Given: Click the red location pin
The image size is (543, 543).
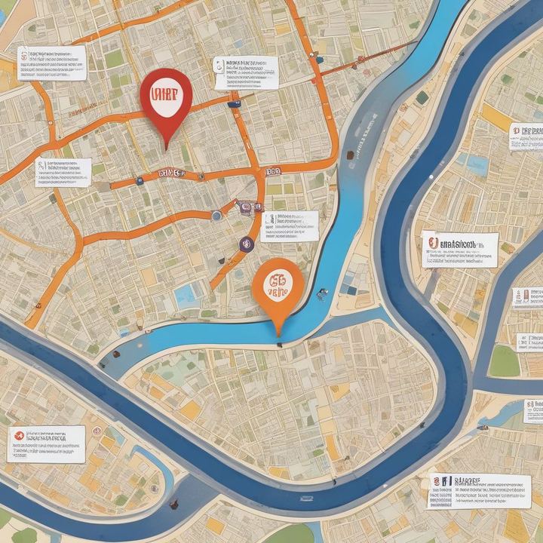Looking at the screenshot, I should click(x=166, y=98).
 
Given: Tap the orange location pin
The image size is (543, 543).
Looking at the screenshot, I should click(x=278, y=287).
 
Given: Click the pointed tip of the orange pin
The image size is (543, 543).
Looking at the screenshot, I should click(x=278, y=334).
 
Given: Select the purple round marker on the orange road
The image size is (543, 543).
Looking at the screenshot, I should click(x=246, y=243).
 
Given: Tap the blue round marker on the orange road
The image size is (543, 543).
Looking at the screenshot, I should click(x=216, y=216).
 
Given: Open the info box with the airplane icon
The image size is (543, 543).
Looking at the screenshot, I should click(x=45, y=443).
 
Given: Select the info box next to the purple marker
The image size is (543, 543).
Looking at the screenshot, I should click(x=289, y=226).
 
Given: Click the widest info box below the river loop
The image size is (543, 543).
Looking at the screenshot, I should click(x=480, y=490).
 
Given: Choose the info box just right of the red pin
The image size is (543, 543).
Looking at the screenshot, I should click(x=245, y=72).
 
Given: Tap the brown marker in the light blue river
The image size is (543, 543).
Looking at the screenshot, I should click(x=349, y=155).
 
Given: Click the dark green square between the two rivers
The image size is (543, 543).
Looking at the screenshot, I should click(x=422, y=97).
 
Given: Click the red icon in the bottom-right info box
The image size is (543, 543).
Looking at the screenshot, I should click(x=437, y=481).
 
